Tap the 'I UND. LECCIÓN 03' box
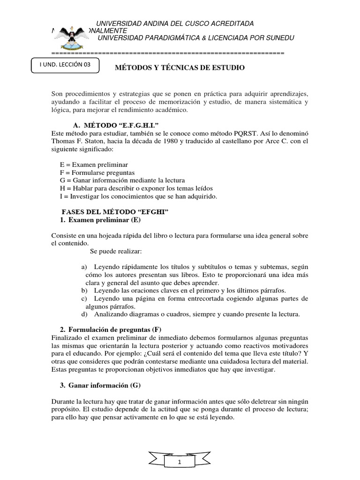pyautogui.click(x=66, y=66)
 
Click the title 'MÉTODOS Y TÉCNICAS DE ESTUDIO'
pyautogui.click(x=180, y=68)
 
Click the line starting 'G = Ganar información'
pyautogui.click(x=122, y=180)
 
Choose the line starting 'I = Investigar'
pyautogui.click(x=138, y=196)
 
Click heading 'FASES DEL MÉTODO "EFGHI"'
pyautogui.click(x=115, y=212)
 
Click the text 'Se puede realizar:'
pyautogui.click(x=112, y=251)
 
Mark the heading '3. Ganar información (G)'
pyautogui.click(x=99, y=385)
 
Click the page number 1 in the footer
pyautogui.click(x=180, y=462)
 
